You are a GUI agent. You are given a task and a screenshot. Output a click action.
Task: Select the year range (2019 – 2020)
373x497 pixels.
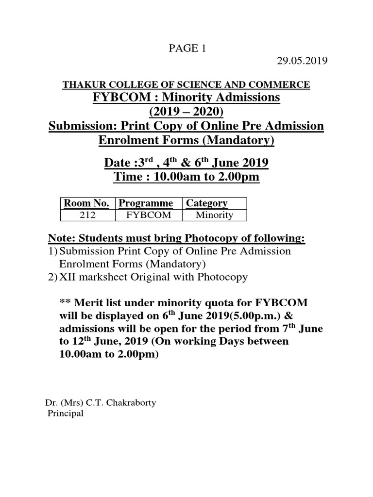pos(186,112)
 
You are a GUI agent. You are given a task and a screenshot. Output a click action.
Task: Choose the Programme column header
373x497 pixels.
pos(146,203)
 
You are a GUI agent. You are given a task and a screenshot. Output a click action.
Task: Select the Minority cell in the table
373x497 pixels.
pos(214,215)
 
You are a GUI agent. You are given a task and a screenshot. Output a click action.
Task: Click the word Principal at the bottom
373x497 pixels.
pos(65,414)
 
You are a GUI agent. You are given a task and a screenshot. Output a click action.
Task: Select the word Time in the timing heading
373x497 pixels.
pos(127,177)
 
